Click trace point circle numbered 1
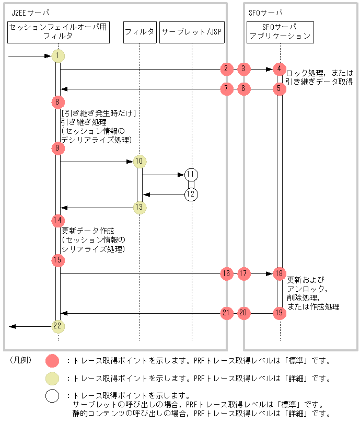pyautogui.click(x=58, y=56)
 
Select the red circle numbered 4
pyautogui.click(x=279, y=68)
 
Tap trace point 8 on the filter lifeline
pyautogui.click(x=58, y=102)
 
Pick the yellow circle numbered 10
pyautogui.click(x=140, y=162)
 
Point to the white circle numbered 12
pyautogui.click(x=191, y=195)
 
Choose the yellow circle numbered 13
pyautogui.click(x=140, y=208)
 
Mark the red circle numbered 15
pyautogui.click(x=58, y=260)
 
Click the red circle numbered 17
pyautogui.click(x=243, y=273)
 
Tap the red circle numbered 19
pyautogui.click(x=279, y=313)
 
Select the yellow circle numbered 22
pyautogui.click(x=58, y=326)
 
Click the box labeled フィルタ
pyautogui.click(x=140, y=32)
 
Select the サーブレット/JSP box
pyautogui.click(x=192, y=32)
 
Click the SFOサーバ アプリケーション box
pyautogui.click(x=280, y=32)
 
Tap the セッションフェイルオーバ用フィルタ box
pyautogui.click(x=59, y=32)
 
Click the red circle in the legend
pyautogui.click(x=52, y=361)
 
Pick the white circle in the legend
pyautogui.click(x=52, y=396)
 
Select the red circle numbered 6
pyautogui.click(x=243, y=89)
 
